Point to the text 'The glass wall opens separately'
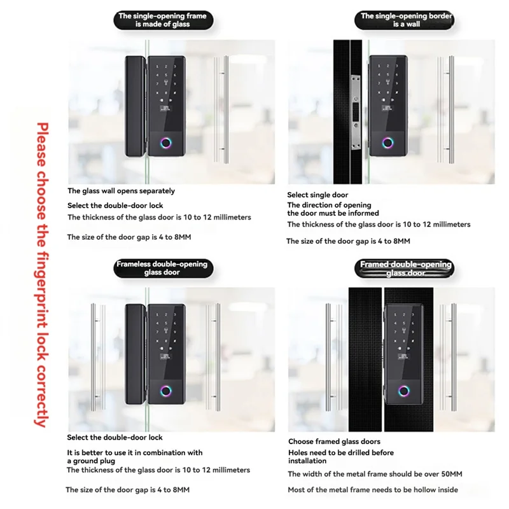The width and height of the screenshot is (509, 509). [x=121, y=191]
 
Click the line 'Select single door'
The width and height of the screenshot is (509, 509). [x=318, y=195]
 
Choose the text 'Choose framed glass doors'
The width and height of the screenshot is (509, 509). [x=334, y=442]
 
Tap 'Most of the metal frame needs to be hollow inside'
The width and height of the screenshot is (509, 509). [x=372, y=490]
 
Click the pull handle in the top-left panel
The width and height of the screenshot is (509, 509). [x=220, y=109]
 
